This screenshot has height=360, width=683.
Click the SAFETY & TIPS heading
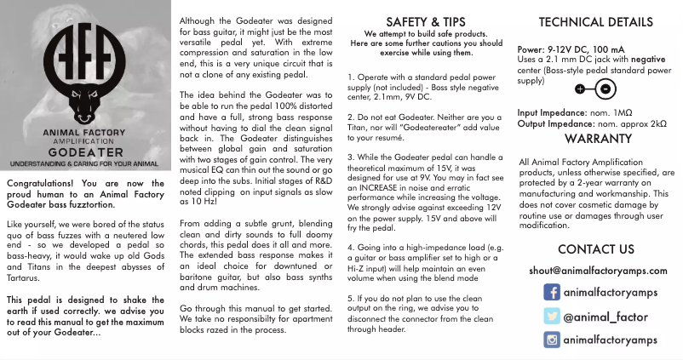pyautogui.click(x=426, y=21)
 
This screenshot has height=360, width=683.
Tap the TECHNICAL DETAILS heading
pyautogui.click(x=596, y=22)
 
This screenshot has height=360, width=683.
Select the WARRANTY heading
pyautogui.click(x=596, y=138)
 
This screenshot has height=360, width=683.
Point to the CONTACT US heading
pyautogui.click(x=596, y=249)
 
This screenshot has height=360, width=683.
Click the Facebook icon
pyautogui.click(x=552, y=293)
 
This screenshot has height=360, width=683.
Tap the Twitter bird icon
pyautogui.click(x=552, y=317)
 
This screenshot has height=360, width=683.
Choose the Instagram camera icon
pyautogui.click(x=552, y=340)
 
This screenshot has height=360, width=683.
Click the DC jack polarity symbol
pyautogui.click(x=594, y=88)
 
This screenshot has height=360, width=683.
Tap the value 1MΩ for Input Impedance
pyautogui.click(x=622, y=112)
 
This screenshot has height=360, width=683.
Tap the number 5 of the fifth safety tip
pyautogui.click(x=350, y=298)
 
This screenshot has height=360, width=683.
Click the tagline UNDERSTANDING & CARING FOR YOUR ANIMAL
pyautogui.click(x=85, y=162)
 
